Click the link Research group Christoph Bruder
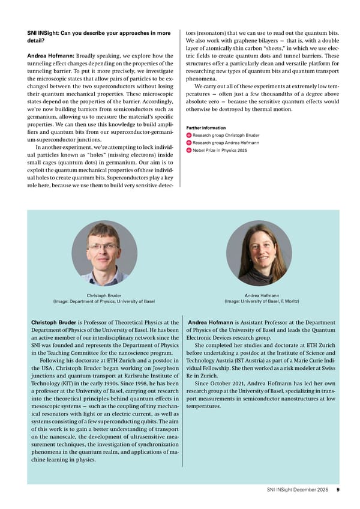click(x=226, y=135)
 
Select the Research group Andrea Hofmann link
click(x=226, y=142)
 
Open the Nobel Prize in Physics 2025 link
click(x=220, y=150)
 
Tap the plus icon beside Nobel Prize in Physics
click(x=189, y=150)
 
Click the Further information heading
click(x=206, y=127)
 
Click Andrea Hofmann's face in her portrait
click(x=260, y=248)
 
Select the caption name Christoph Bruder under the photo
click(x=104, y=295)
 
